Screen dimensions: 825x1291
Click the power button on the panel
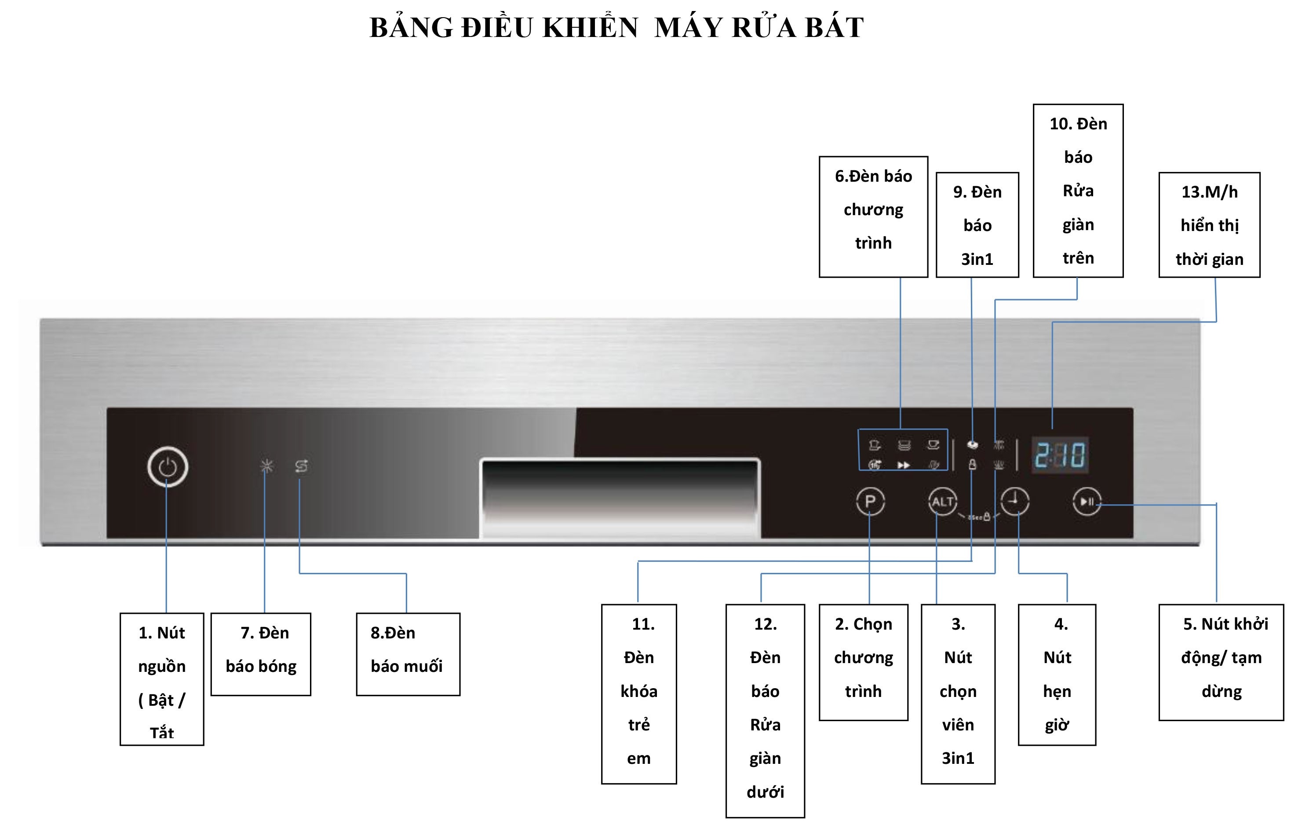pyautogui.click(x=167, y=467)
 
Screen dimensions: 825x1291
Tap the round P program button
pyautogui.click(x=870, y=502)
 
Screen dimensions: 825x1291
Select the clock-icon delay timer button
pyautogui.click(x=1014, y=501)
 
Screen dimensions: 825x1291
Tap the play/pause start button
pyautogui.click(x=1087, y=502)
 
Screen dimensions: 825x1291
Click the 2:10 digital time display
pyautogui.click(x=1060, y=455)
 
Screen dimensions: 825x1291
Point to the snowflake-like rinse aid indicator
pyautogui.click(x=266, y=466)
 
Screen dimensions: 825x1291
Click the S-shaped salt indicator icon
pyautogui.click(x=301, y=466)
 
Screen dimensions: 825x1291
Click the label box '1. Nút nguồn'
pyautogui.click(x=162, y=678)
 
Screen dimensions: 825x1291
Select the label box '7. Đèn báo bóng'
pyautogui.click(x=261, y=654)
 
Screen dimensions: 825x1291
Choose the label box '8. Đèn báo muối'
pyautogui.click(x=408, y=654)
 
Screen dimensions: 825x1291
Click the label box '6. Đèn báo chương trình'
pyautogui.click(x=873, y=217)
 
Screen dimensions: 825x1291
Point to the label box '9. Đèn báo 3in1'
pyautogui.click(x=977, y=225)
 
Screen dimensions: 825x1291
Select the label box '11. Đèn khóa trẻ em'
pyautogui.click(x=638, y=693)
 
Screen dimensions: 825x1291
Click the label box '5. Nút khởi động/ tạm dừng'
pyautogui.click(x=1221, y=662)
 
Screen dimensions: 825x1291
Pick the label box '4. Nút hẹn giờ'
pyautogui.click(x=1057, y=674)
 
